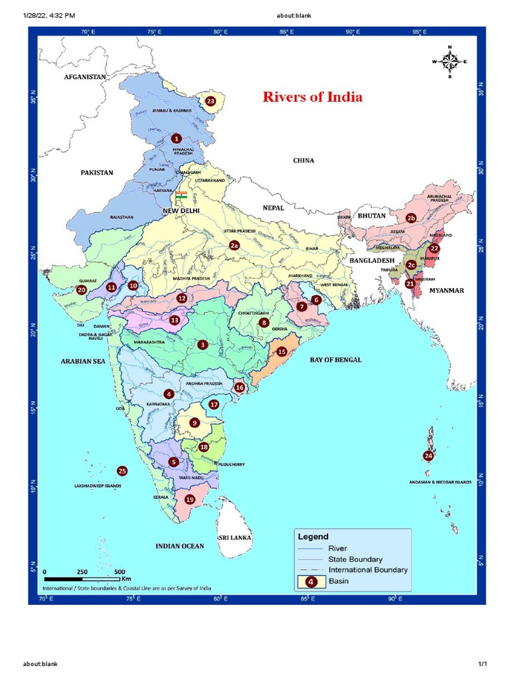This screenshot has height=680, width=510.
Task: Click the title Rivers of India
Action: (313, 97)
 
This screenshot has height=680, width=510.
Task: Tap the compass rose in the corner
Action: (450, 62)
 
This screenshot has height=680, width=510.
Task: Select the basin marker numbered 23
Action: (211, 101)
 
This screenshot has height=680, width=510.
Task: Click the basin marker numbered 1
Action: (176, 139)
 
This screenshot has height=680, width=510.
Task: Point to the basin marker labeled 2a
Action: (234, 245)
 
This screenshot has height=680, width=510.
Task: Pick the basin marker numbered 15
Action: (282, 351)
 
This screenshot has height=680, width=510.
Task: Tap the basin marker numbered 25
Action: (122, 471)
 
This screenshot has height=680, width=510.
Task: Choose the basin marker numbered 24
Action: (428, 456)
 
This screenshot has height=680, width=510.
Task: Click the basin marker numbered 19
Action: (190, 499)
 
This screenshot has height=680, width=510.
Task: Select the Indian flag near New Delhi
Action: (181, 197)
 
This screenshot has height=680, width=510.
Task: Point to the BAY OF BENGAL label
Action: (335, 360)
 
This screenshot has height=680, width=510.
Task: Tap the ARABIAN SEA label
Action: (83, 361)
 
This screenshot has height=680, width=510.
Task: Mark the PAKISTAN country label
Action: (97, 173)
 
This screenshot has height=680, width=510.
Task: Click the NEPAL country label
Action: (273, 208)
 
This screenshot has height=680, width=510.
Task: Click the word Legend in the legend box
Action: (313, 536)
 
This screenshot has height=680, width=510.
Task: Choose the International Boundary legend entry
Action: (367, 570)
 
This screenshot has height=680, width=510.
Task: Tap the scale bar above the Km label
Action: (82, 572)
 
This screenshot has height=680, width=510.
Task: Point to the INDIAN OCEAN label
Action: (179, 546)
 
